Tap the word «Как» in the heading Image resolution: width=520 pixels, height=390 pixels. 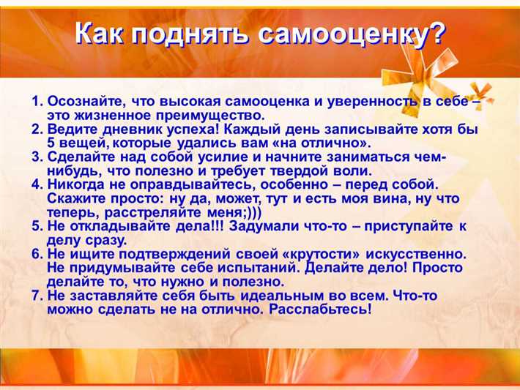[x=102, y=35]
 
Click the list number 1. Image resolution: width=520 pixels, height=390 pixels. [x=37, y=100]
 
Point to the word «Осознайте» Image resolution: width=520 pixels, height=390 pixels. [x=81, y=100]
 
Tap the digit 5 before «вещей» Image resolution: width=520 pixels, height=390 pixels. [x=51, y=143]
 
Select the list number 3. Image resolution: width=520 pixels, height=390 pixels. [x=37, y=157]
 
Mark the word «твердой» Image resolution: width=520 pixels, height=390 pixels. [x=273, y=170]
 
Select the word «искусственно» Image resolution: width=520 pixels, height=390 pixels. [x=415, y=254]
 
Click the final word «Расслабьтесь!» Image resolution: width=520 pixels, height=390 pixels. [x=320, y=310]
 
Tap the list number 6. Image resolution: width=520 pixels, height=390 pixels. [x=37, y=254]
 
